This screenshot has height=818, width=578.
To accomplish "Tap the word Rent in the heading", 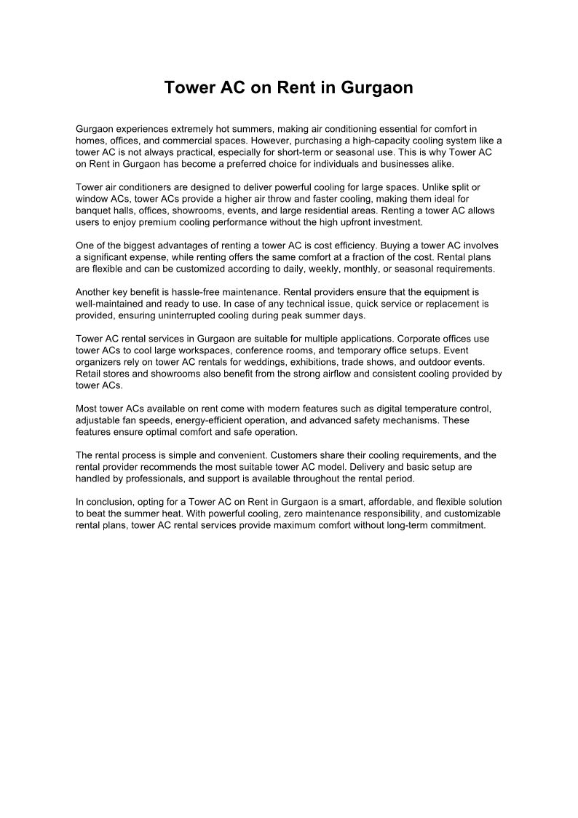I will pos(287,88).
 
